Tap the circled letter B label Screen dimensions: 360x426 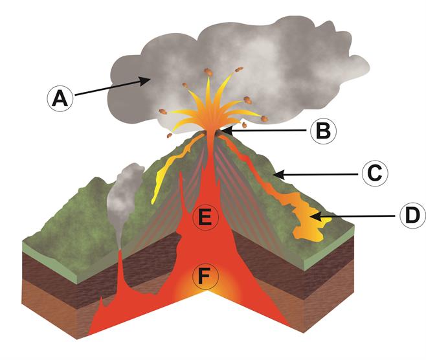click(x=322, y=131)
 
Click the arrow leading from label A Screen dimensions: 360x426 click(x=110, y=89)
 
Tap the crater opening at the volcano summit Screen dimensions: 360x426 click(x=212, y=132)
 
